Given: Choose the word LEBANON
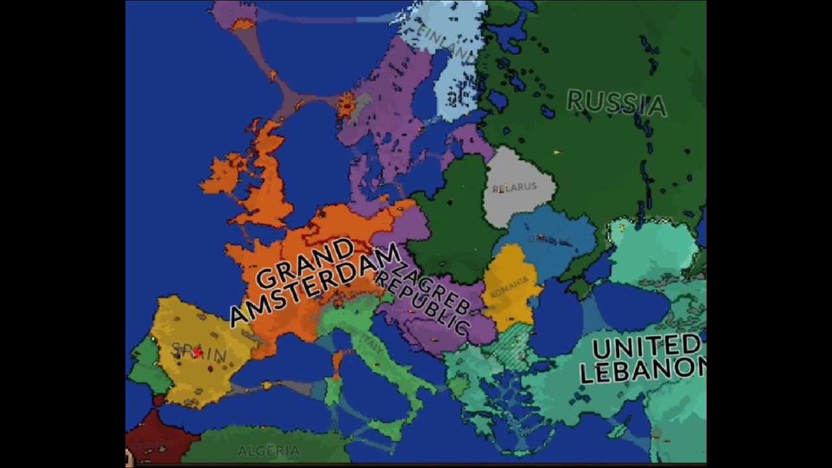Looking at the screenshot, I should (x=642, y=370).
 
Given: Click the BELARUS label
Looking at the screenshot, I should (x=515, y=188).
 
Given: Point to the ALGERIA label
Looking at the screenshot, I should (x=268, y=450).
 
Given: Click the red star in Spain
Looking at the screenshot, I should (x=197, y=352).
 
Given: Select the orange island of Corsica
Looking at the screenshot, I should (x=337, y=361).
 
